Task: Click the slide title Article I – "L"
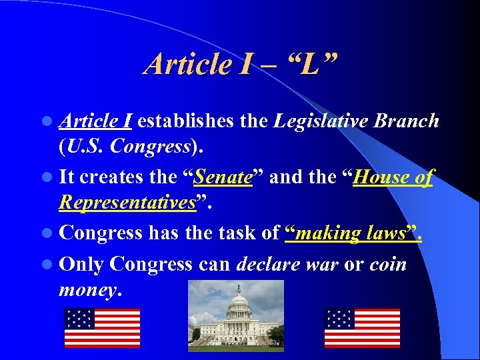click(241, 64)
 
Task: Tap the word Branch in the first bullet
click(407, 121)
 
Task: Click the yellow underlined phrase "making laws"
click(353, 233)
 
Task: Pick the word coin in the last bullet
click(388, 264)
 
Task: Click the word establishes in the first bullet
click(185, 121)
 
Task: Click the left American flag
click(102, 327)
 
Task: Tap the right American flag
click(362, 327)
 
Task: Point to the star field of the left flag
click(79, 318)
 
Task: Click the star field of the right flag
click(339, 318)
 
